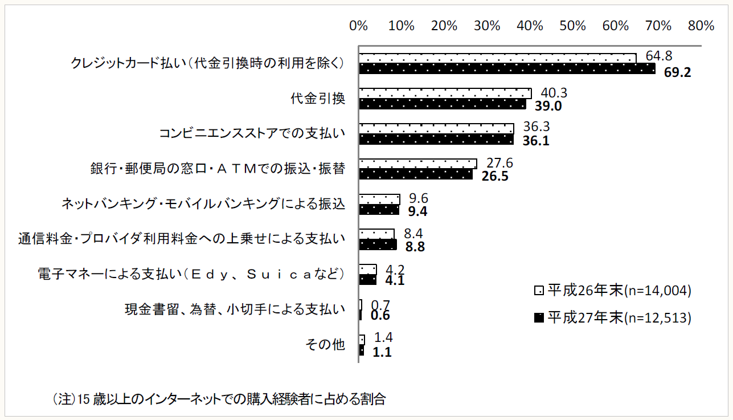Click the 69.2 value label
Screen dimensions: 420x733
[677, 72]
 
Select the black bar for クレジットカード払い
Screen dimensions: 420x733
[506, 69]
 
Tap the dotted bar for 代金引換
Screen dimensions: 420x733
[445, 93]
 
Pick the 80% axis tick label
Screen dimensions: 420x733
[701, 26]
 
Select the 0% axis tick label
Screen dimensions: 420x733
[358, 26]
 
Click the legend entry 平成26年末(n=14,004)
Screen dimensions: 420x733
[613, 290]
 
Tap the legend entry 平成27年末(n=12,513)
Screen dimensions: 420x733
[613, 317]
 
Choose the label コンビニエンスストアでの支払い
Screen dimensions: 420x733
[252, 133]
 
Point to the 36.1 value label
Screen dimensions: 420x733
[536, 141]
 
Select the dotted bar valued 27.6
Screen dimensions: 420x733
[417, 164]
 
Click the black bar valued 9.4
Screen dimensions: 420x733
[379, 210]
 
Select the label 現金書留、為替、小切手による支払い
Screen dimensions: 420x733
[235, 309]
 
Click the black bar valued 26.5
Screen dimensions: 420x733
[415, 174]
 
